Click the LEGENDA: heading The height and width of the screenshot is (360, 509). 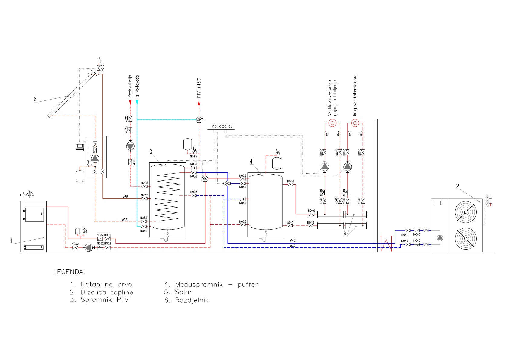[69, 272]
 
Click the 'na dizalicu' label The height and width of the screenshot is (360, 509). [222, 126]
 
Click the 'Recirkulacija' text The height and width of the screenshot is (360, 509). [130, 86]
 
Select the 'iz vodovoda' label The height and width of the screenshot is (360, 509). [137, 86]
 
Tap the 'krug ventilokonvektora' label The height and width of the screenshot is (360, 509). [355, 95]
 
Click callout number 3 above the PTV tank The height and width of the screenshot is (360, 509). [151, 152]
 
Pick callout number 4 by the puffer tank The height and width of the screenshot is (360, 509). [251, 162]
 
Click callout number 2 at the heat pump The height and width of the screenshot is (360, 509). [457, 186]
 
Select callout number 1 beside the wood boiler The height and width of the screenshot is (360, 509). [11, 241]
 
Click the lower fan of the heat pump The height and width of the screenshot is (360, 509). [465, 239]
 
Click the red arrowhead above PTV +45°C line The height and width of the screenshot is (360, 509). [199, 103]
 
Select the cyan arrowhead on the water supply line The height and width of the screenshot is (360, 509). [137, 103]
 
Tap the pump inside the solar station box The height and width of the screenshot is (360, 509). [95, 158]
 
